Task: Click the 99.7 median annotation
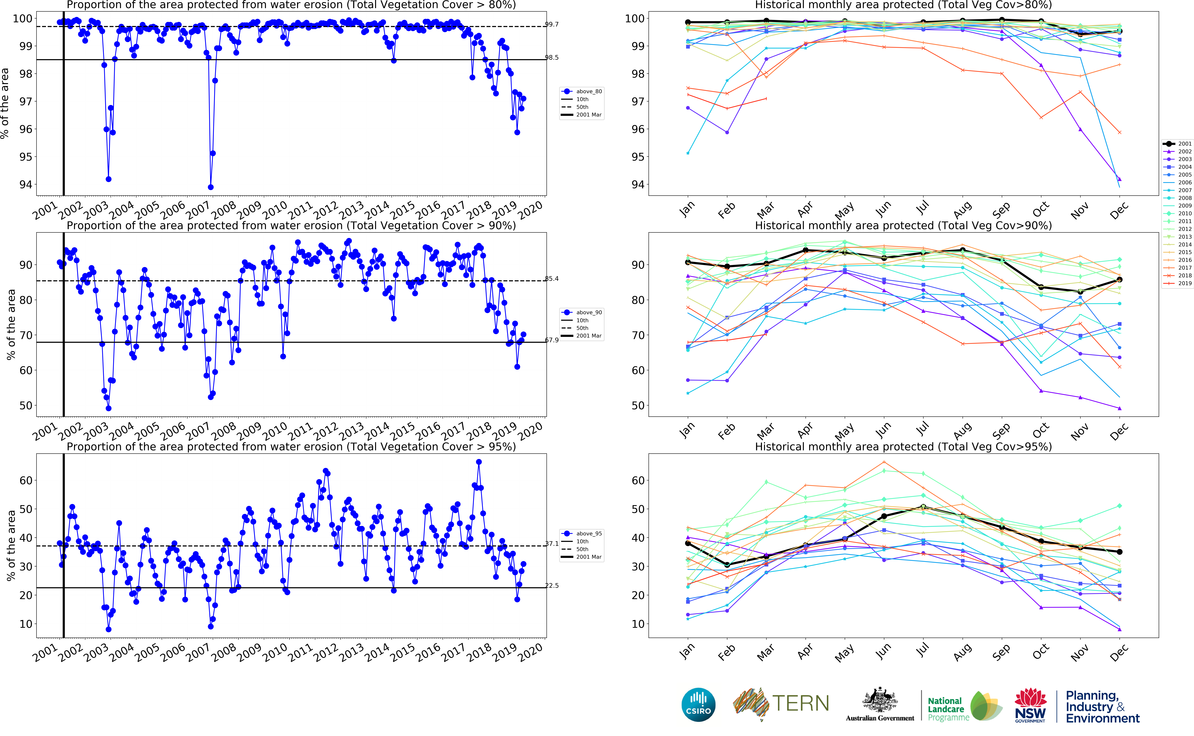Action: pyautogui.click(x=552, y=24)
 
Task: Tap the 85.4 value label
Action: pyautogui.click(x=552, y=279)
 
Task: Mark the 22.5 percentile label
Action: pyautogui.click(x=552, y=586)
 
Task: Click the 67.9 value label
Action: pyautogui.click(x=552, y=340)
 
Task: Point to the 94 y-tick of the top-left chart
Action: pyautogui.click(x=25, y=184)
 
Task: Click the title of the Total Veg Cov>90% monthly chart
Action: pyautogui.click(x=903, y=226)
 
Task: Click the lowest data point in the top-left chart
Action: pyautogui.click(x=211, y=187)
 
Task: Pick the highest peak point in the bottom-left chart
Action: pyautogui.click(x=479, y=462)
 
